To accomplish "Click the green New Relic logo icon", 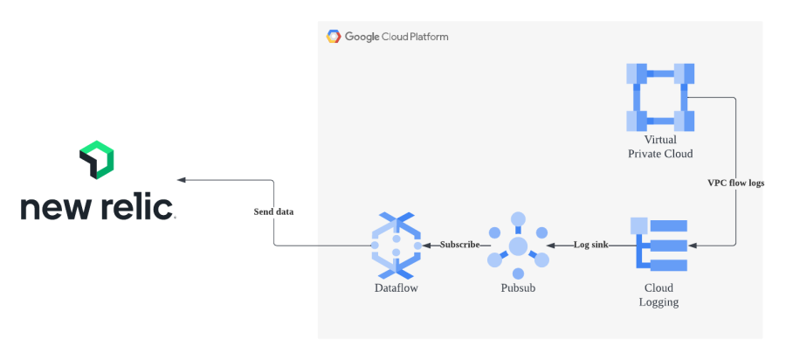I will [x=97, y=159].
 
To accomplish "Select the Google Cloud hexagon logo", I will [x=333, y=37].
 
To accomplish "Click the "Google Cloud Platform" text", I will [x=396, y=37].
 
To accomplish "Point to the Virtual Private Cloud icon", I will [x=660, y=97].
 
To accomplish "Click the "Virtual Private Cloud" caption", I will [x=660, y=147].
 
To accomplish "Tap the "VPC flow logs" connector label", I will [x=735, y=183].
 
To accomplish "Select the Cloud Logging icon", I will [x=659, y=246].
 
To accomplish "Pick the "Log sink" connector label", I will [x=590, y=245].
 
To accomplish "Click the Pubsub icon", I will [x=518, y=246].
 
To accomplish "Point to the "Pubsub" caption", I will [x=518, y=287].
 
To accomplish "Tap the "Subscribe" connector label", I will [x=459, y=245].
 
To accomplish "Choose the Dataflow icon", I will [x=396, y=246].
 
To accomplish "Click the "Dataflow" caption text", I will [x=396, y=287].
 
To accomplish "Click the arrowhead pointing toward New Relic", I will [x=182, y=180].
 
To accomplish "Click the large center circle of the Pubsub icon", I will [x=518, y=246].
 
